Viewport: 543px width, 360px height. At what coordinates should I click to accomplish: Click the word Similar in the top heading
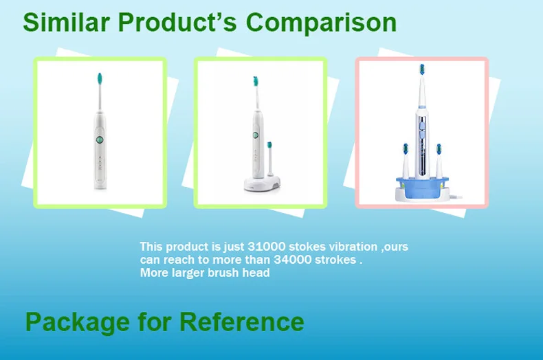point(66,22)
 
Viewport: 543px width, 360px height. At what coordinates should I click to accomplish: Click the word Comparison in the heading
point(321,23)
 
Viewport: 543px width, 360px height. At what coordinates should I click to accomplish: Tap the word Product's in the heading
point(177,22)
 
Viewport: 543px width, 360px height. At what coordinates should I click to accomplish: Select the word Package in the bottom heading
point(77,323)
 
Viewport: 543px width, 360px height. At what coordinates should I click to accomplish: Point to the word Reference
point(242,322)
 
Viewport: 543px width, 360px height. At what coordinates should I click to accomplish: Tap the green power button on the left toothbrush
point(99,139)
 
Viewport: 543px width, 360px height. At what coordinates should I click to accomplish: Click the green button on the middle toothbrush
point(256,135)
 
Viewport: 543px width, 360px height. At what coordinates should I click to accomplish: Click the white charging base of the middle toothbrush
point(262,183)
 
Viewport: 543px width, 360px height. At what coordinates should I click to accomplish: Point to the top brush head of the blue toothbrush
point(422,69)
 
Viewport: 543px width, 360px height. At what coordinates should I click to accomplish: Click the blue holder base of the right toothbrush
point(422,189)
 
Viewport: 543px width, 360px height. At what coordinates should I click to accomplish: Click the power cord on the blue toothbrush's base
point(456,197)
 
